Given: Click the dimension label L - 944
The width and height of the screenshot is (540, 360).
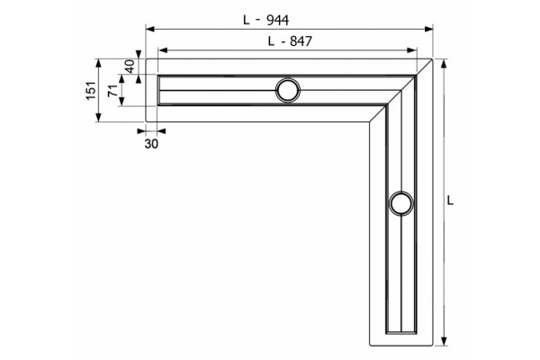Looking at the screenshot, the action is (x=265, y=21).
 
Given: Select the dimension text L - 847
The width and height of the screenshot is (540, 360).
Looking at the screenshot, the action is (x=290, y=41).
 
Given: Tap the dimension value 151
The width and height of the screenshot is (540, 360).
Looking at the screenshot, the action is (x=91, y=90).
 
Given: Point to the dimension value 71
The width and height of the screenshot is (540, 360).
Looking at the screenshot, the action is (x=112, y=91).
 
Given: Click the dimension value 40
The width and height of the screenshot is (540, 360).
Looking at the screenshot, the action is (x=130, y=66).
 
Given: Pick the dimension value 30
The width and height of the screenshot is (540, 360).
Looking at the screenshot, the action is (x=151, y=144).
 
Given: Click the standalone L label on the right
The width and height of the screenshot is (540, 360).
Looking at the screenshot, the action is (x=450, y=200).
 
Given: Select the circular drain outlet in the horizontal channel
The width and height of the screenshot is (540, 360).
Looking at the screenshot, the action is (x=288, y=90).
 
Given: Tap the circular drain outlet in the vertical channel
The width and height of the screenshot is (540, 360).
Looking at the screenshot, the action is (x=401, y=203).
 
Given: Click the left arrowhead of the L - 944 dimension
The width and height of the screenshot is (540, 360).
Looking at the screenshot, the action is (x=149, y=30).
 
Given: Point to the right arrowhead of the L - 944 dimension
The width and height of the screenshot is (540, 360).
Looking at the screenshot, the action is (x=428, y=30).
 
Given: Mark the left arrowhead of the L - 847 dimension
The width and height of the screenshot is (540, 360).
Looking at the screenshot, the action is (x=163, y=50).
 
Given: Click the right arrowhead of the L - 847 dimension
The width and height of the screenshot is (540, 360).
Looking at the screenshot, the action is (x=412, y=50).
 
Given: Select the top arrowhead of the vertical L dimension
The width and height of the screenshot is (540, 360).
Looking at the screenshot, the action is (x=444, y=64).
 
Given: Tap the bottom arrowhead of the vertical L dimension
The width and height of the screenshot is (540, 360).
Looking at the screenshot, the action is (x=444, y=341).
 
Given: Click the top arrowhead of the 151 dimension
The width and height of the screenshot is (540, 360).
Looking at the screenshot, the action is (x=99, y=64).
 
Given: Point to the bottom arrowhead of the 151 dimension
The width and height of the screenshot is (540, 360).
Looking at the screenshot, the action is (x=99, y=117).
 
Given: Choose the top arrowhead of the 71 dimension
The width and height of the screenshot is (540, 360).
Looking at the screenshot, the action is (x=121, y=79).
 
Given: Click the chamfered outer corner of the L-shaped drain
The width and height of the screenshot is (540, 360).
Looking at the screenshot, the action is (x=424, y=67).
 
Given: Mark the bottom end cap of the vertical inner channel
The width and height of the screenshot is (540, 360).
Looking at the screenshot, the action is (x=401, y=332).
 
